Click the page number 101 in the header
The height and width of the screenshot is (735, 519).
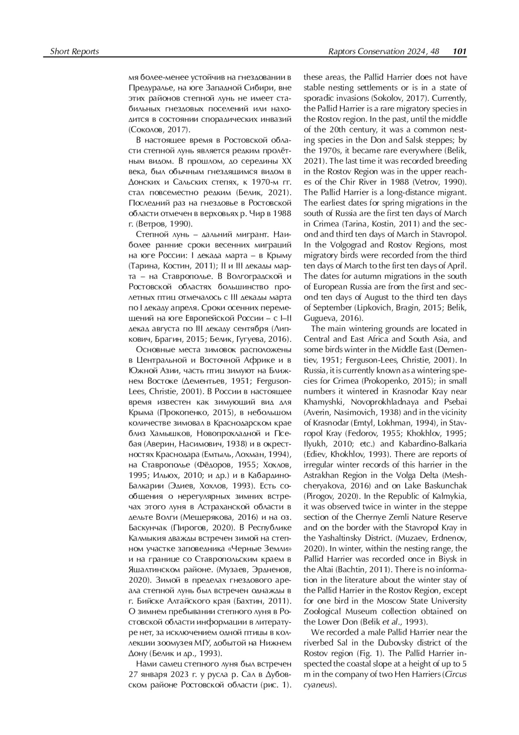[x=459, y=52]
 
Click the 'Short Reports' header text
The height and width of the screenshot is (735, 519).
[x=74, y=52]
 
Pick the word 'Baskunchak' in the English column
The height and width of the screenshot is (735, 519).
[x=447, y=486]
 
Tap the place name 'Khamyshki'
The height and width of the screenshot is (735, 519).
[x=323, y=401]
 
